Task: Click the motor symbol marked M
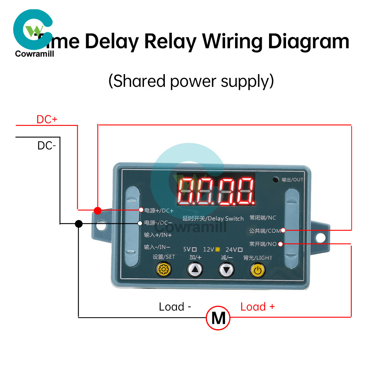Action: pyautogui.click(x=218, y=318)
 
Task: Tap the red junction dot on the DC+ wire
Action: pyautogui.click(x=98, y=210)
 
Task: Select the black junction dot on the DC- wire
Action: pyautogui.click(x=79, y=223)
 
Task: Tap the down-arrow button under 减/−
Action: pyautogui.click(x=226, y=269)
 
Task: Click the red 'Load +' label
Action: pyautogui.click(x=257, y=307)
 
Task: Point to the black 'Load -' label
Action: pyautogui.click(x=175, y=307)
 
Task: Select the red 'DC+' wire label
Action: pyautogui.click(x=47, y=119)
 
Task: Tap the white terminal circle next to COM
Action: pyautogui.click(x=283, y=230)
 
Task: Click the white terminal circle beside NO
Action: pyautogui.click(x=280, y=244)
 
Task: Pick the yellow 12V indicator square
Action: pyautogui.click(x=218, y=249)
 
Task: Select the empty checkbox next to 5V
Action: pyautogui.click(x=195, y=249)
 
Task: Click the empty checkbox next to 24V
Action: pyautogui.click(x=240, y=249)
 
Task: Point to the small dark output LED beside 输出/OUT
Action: pyautogui.click(x=275, y=179)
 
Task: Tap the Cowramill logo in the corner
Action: pyautogui.click(x=34, y=33)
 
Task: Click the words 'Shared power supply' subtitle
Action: pyautogui.click(x=191, y=81)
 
